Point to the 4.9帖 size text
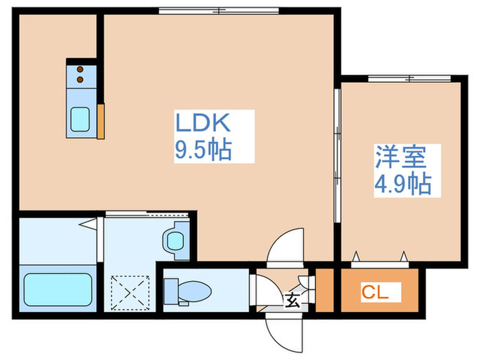pos(403,184)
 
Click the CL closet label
pos(375,293)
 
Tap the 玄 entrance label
pos(291,300)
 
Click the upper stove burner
pos(81,69)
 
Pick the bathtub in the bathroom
pos(58,291)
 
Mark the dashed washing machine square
pos(130,291)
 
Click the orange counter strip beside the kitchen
pos(101,121)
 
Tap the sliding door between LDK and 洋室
pos(337,154)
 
